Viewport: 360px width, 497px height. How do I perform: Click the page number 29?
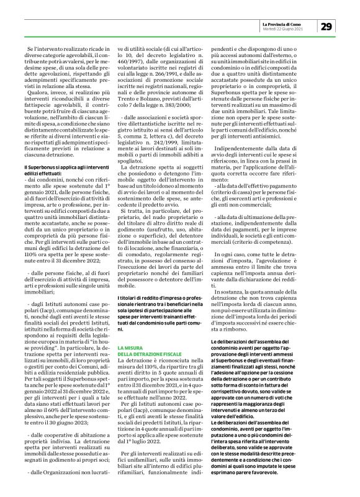click(x=326, y=25)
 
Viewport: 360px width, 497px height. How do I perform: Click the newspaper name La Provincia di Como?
click(x=284, y=22)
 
